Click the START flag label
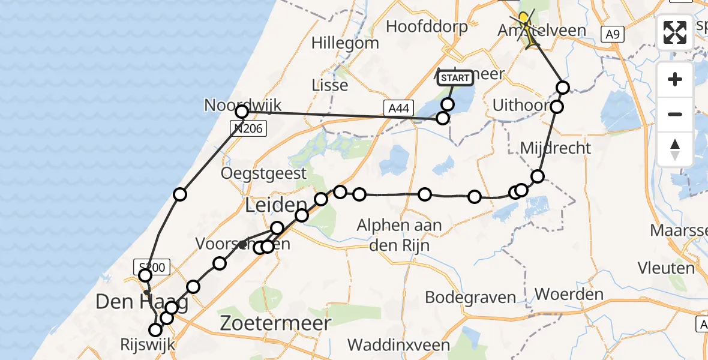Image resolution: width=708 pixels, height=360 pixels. (x=455, y=78)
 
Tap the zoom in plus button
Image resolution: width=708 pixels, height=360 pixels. (x=675, y=79)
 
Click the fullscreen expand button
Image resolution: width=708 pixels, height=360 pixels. (x=675, y=32)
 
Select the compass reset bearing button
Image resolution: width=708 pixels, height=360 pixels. (x=675, y=149)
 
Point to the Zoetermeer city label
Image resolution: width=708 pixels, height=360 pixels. (x=275, y=323)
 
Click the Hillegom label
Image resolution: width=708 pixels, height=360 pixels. (x=345, y=43)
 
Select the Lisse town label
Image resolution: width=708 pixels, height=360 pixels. (x=330, y=85)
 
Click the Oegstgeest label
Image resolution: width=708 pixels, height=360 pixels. (x=264, y=174)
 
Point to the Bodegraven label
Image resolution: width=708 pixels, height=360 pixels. (x=470, y=297)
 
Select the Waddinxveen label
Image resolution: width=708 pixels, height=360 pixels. (x=398, y=345)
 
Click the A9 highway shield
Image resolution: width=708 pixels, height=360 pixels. (x=611, y=35)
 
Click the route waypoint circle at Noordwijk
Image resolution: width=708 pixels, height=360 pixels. (x=242, y=112)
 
